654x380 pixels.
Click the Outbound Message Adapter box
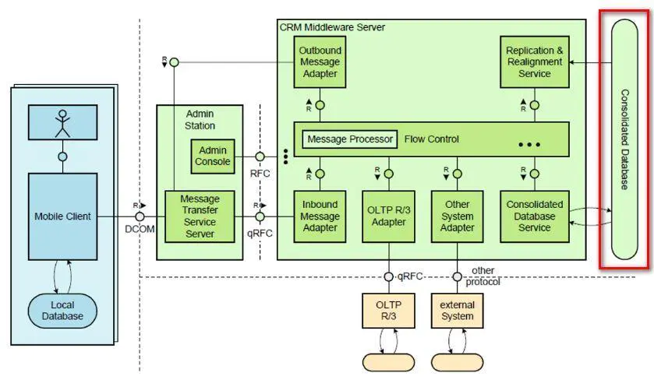[320, 62]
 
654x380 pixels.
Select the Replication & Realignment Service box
[534, 62]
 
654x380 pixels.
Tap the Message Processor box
[349, 139]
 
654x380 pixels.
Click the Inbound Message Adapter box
[320, 216]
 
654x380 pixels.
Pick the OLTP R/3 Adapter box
[387, 216]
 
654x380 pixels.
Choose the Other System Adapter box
[456, 216]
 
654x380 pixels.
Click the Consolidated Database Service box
[534, 216]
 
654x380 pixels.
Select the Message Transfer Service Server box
[200, 216]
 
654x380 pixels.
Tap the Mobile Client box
[62, 216]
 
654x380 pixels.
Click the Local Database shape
[62, 311]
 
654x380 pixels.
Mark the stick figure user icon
[62, 122]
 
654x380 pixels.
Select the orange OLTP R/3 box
[387, 311]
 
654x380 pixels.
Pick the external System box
[457, 311]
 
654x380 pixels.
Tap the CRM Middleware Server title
[332, 27]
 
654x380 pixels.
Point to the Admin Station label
[200, 119]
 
